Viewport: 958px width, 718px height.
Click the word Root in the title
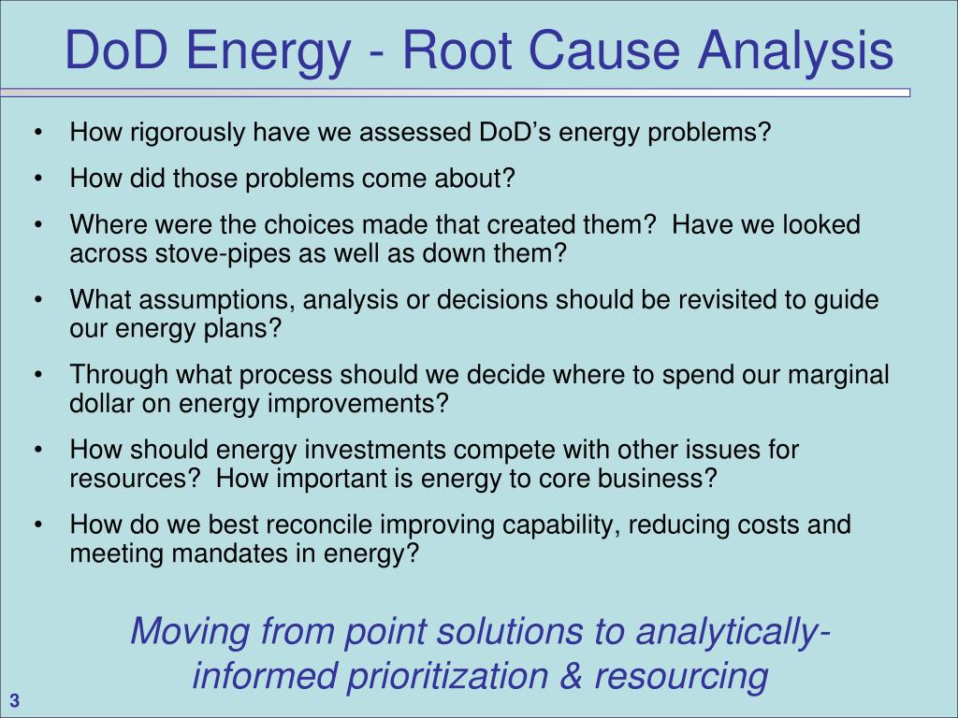click(x=456, y=50)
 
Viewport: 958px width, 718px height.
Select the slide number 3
click(x=15, y=701)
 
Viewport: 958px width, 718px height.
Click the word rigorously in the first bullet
click(x=187, y=133)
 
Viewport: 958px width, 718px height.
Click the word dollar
click(x=101, y=403)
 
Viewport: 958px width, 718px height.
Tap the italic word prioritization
click(x=447, y=677)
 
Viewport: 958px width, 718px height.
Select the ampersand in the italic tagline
click(x=572, y=676)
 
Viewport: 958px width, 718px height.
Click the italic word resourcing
click(x=681, y=677)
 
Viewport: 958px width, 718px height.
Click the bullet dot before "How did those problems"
click(x=38, y=179)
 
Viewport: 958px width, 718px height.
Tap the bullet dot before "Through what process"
click(x=38, y=375)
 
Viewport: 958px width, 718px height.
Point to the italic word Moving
click(x=189, y=631)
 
